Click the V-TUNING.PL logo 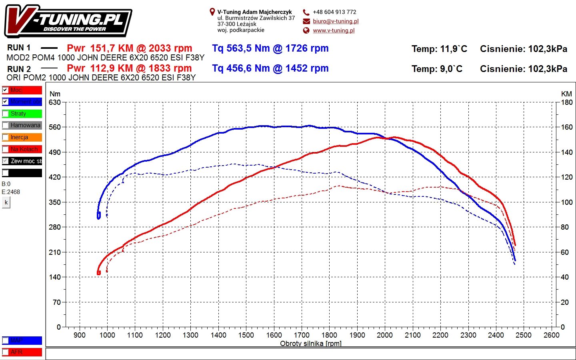point(68,21)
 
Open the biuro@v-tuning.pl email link point(336,21)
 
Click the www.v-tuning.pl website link point(334,30)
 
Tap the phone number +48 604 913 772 point(334,12)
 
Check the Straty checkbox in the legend point(6,114)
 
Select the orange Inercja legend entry point(22,137)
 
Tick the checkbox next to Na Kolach point(6,149)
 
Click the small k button point(6,202)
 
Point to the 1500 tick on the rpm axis point(246,335)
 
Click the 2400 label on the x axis point(496,335)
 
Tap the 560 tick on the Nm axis point(55,127)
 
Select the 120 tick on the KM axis point(567,177)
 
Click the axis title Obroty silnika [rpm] point(310,344)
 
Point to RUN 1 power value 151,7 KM point(129,48)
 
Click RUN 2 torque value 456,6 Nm point(270,68)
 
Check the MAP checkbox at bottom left point(6,340)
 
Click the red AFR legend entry point(22,352)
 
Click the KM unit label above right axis point(566,94)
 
